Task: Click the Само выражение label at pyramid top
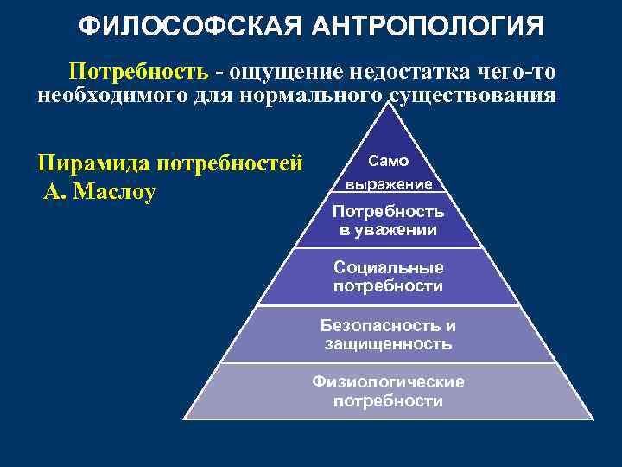[x=389, y=172]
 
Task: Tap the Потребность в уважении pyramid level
[x=389, y=221]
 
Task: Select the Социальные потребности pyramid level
[x=389, y=277]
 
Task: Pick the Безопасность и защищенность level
[x=389, y=335]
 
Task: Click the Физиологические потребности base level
[x=389, y=391]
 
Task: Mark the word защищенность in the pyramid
[x=389, y=344]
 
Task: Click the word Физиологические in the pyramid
[x=389, y=381]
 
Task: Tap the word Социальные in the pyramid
[x=389, y=267]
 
